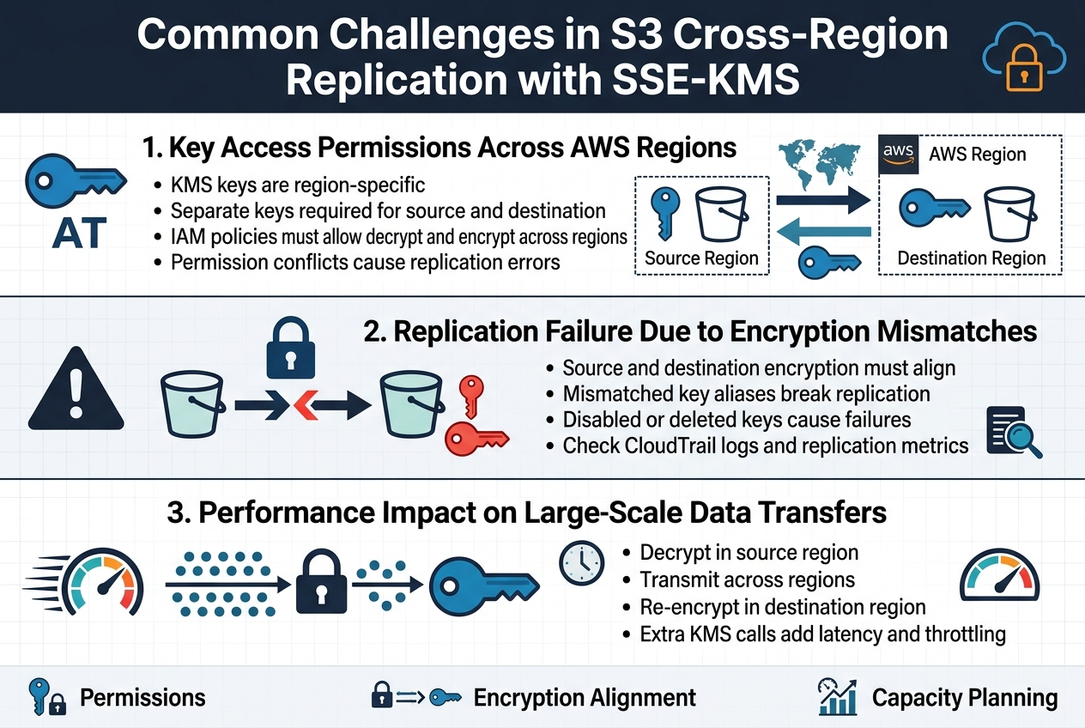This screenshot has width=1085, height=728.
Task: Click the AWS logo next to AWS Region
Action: tap(899, 155)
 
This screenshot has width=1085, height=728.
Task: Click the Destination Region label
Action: tap(971, 258)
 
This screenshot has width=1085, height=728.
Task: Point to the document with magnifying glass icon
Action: tap(1014, 433)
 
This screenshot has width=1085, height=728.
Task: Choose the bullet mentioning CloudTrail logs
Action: tap(765, 446)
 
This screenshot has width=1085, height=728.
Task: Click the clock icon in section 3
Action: tap(581, 562)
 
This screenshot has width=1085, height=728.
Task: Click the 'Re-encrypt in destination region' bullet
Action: tap(782, 608)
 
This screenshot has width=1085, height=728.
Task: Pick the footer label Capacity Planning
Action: tap(965, 698)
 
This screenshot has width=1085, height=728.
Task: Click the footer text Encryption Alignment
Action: tap(585, 698)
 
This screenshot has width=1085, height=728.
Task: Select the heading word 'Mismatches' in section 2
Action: tap(939, 331)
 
